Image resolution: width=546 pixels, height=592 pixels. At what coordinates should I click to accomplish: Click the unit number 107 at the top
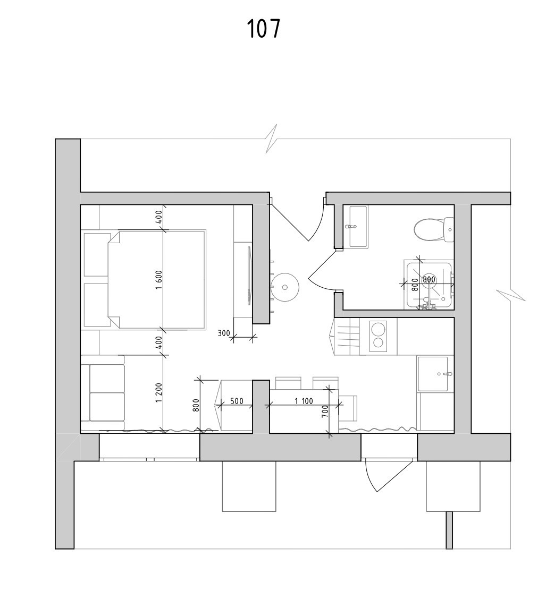[x=263, y=29]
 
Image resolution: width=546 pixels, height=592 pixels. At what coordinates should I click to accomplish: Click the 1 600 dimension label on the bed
[x=158, y=280]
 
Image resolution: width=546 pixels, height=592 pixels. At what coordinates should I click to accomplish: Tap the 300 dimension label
[x=224, y=333]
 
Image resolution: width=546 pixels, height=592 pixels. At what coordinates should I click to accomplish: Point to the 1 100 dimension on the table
[x=304, y=401]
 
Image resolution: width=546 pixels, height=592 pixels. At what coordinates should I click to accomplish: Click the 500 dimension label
[x=237, y=401]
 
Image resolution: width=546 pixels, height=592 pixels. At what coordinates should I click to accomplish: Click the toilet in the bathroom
[x=432, y=229]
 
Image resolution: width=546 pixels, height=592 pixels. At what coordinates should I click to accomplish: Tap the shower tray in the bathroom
[x=429, y=285]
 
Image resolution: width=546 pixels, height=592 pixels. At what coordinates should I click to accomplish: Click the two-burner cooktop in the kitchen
[x=378, y=336]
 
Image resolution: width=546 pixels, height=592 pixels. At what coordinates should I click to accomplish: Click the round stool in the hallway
[x=285, y=287]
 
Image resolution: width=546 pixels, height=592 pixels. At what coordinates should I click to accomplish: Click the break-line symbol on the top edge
[x=272, y=139]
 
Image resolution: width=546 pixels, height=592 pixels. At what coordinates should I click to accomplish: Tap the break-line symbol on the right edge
[x=511, y=295]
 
